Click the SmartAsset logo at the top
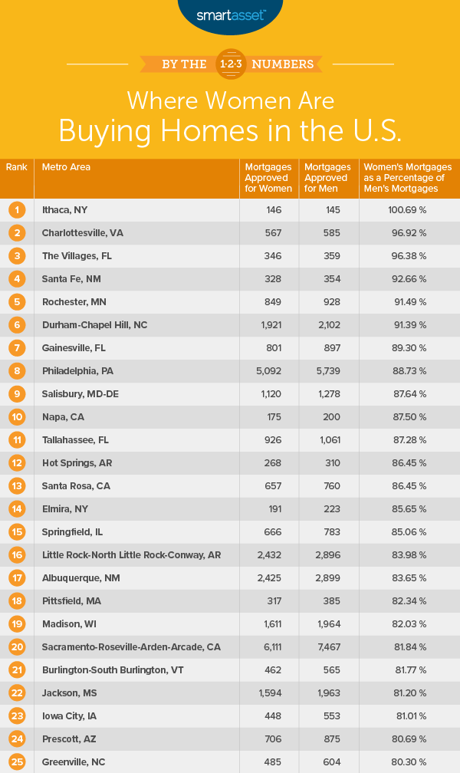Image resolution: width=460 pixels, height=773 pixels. [229, 15]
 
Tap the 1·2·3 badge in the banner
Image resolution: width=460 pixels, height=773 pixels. [230, 64]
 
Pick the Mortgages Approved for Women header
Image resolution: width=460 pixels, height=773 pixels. [268, 178]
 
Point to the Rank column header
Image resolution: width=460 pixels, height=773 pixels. [16, 167]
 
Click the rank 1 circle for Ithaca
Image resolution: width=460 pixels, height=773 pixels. [17, 209]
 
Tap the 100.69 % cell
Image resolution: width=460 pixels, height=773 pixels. [409, 210]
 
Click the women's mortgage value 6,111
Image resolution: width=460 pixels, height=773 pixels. [268, 647]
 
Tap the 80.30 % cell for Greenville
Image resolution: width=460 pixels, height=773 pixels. [409, 762]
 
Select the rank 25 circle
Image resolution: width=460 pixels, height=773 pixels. [17, 762]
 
